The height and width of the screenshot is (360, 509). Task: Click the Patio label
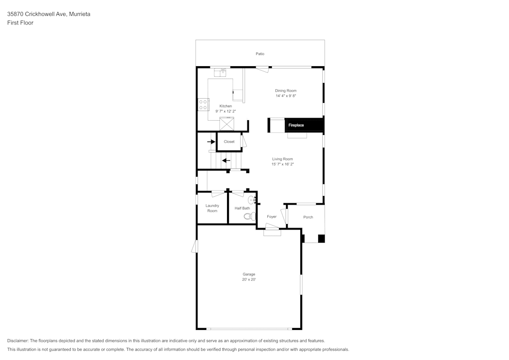[260, 53]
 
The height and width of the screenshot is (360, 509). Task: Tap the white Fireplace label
[296, 125]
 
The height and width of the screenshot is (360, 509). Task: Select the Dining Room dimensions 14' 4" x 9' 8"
[286, 96]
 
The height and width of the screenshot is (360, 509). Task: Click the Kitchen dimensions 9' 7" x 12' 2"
[225, 111]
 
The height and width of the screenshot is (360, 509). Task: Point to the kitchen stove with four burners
[203, 104]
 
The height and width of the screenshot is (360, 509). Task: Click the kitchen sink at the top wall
[220, 73]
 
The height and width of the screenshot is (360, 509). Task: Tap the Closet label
[229, 142]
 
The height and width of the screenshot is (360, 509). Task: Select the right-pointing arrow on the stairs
[211, 142]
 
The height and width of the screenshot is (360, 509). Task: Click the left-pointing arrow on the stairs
[226, 160]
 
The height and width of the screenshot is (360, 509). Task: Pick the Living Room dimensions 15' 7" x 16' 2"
[282, 164]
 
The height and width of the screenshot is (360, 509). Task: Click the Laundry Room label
[212, 208]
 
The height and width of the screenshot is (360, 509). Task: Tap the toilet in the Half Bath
[248, 216]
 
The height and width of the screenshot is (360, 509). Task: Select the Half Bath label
[242, 208]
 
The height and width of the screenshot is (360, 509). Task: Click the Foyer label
[272, 217]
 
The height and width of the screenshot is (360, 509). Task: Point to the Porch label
[308, 217]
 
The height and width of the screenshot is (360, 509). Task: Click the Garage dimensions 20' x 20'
[249, 280]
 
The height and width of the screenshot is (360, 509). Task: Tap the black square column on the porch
[321, 238]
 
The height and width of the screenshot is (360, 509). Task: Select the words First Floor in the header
[20, 23]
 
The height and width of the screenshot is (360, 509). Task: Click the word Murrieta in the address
[80, 14]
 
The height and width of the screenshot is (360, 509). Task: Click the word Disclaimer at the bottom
[18, 341]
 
